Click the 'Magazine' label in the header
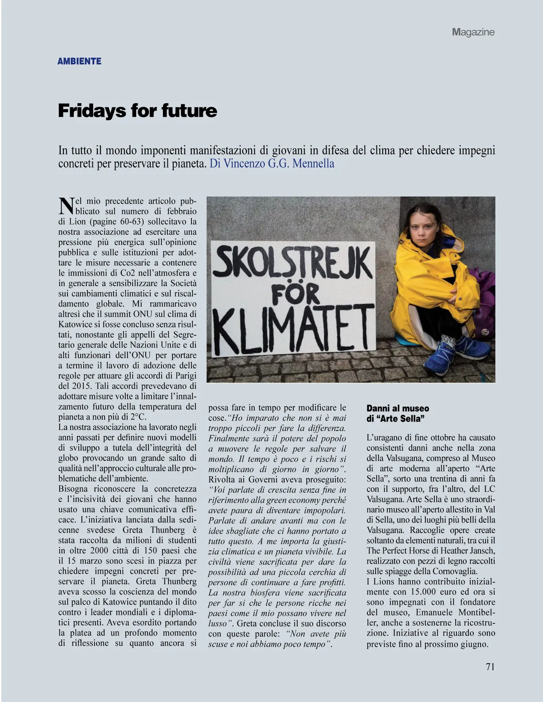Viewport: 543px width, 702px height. [473, 32]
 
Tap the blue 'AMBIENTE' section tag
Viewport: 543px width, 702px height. [79, 61]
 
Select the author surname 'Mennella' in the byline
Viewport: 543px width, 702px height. [313, 163]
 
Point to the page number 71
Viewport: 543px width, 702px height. [490, 667]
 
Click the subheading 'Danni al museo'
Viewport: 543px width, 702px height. [398, 409]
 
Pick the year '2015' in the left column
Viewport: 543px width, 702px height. [82, 386]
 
